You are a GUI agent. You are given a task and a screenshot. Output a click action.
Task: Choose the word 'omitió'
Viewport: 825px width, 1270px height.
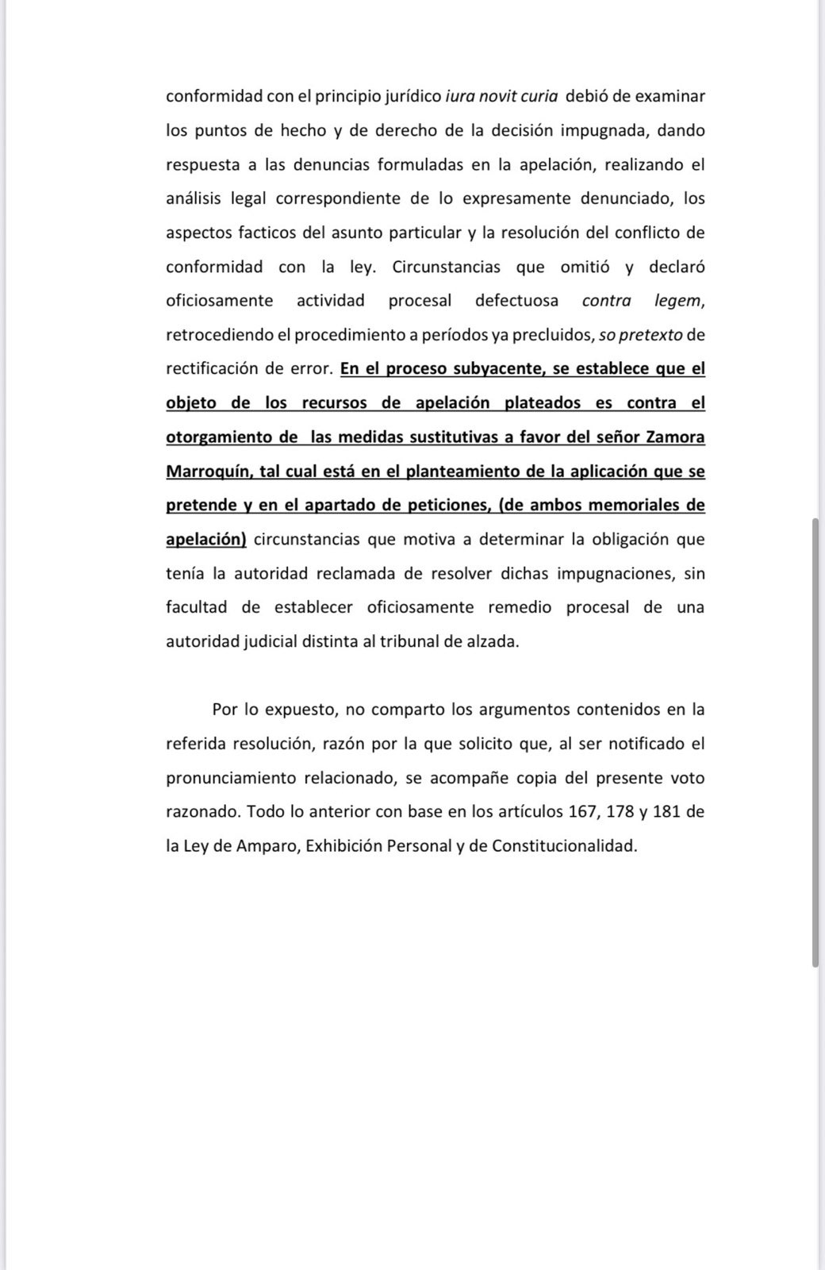[x=585, y=267]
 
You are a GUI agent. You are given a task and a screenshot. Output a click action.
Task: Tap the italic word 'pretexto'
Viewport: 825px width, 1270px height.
[x=650, y=335]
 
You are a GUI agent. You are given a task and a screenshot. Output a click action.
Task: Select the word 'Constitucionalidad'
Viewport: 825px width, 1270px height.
[x=564, y=846]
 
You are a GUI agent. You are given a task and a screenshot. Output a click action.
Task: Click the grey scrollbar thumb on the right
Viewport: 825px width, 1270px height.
[x=815, y=742]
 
